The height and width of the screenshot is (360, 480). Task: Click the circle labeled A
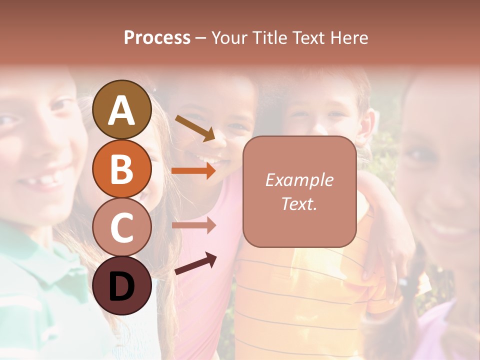coord(122,109)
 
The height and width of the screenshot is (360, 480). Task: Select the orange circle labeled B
coord(122,168)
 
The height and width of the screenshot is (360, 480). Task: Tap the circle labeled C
coord(122,227)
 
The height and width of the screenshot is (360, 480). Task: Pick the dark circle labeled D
coord(122,285)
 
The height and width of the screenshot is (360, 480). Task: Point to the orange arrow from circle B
coord(193,170)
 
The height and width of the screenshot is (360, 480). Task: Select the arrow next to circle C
coord(193,225)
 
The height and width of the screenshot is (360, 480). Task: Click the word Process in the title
coord(157,38)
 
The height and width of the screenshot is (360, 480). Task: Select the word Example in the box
coord(299,180)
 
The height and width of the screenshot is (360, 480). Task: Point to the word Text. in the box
coord(299,203)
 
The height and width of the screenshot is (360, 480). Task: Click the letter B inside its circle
coord(122,169)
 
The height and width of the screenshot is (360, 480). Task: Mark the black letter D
coord(122,286)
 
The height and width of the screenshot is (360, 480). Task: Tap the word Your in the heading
coord(229,38)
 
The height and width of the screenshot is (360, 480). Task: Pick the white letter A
coord(122,110)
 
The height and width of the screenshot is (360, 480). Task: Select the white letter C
coord(122,227)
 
